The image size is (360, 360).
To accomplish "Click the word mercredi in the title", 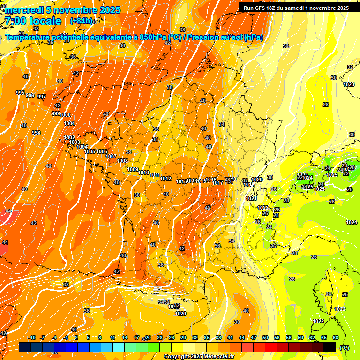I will pyautogui.click(x=24, y=10).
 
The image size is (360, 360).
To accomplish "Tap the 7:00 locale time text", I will pyautogui.click(x=33, y=21).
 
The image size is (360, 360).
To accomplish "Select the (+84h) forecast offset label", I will pyautogui.click(x=81, y=21).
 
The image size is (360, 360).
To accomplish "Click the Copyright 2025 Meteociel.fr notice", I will pyautogui.click(x=199, y=356).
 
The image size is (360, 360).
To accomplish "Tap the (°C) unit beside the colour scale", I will pyautogui.click(x=345, y=348).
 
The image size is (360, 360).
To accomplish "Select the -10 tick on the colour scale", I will pyautogui.click(x=32, y=337).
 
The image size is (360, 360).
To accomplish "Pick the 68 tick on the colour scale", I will pyautogui.click(x=336, y=337).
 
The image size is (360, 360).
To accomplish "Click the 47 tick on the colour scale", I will pyautogui.click(x=254, y=337).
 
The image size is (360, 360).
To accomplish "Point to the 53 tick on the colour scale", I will pyautogui.click(x=277, y=337).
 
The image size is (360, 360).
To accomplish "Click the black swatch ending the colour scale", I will pyautogui.click(x=330, y=347).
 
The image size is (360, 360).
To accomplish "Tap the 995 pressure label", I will pyautogui.click(x=20, y=93).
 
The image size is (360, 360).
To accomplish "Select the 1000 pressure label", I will pyautogui.click(x=66, y=115).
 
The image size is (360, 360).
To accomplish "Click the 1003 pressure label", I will pyautogui.click(x=75, y=142).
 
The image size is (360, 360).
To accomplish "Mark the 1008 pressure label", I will pyautogui.click(x=122, y=161).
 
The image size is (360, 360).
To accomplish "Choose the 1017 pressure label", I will pyautogui.click(x=217, y=183).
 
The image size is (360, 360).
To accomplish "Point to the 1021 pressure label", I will pyautogui.click(x=251, y=198).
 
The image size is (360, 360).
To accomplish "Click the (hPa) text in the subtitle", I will pyautogui.click(x=253, y=37).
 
